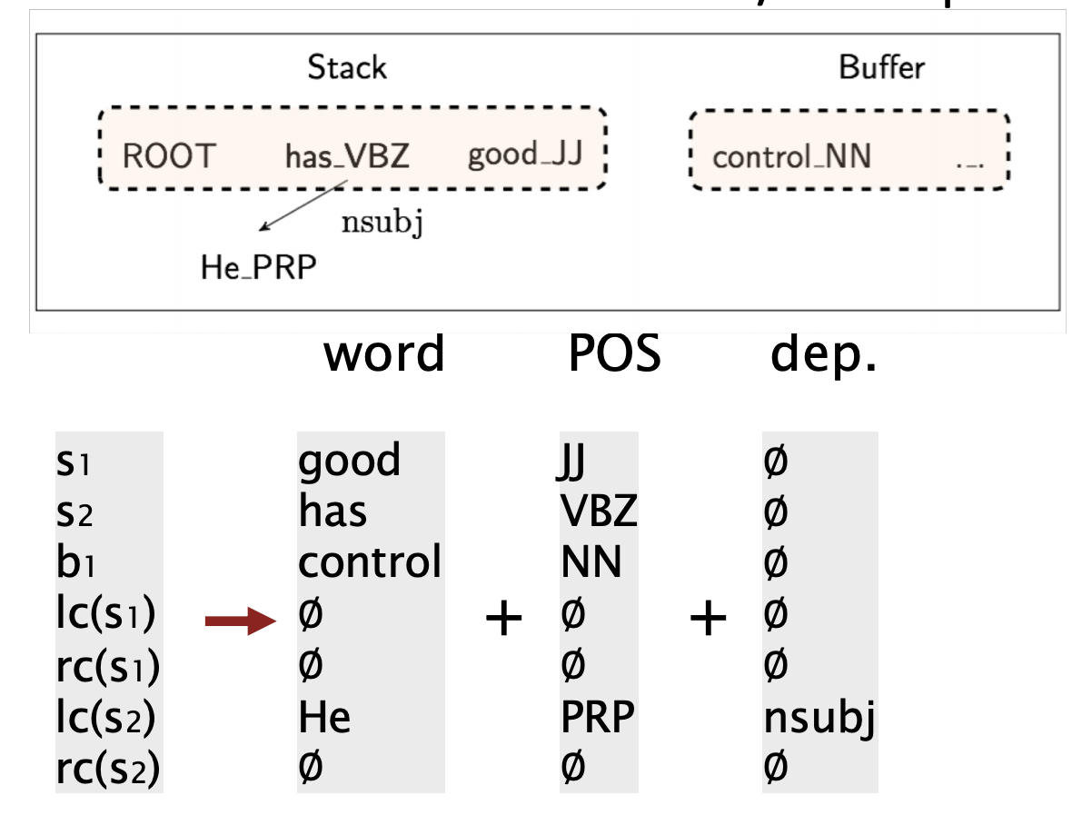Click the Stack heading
(346, 67)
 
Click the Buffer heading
(881, 67)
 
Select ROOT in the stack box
(168, 155)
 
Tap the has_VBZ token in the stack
(347, 157)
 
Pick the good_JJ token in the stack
(524, 154)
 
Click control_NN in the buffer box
(791, 157)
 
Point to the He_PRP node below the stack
(259, 268)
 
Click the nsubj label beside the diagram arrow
(382, 223)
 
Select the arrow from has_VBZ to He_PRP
(303, 204)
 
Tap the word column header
(384, 354)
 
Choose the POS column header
(614, 354)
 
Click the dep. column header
(823, 354)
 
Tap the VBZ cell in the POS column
(600, 512)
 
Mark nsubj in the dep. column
(819, 719)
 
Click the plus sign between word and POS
(504, 621)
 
